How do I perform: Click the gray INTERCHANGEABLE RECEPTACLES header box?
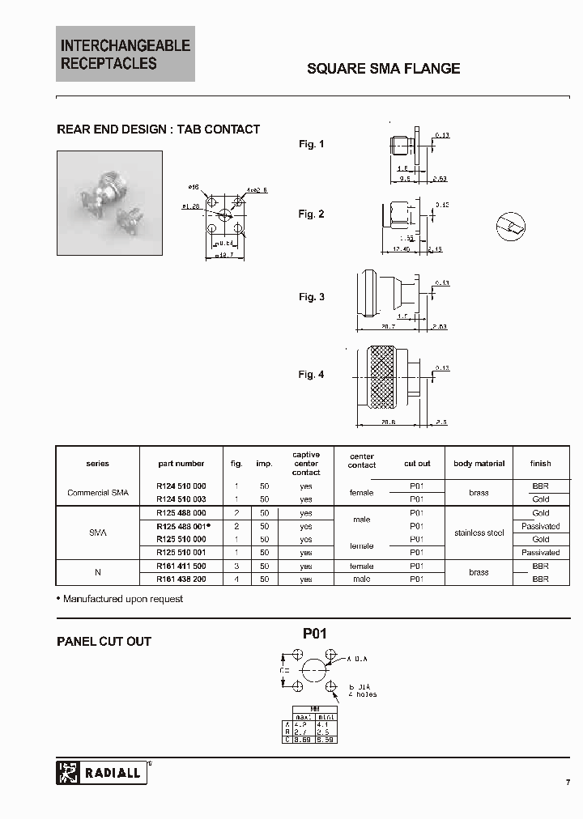(126, 54)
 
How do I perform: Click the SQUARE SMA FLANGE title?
(383, 69)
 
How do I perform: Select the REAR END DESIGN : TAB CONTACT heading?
(158, 129)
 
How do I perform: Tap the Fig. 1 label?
(311, 144)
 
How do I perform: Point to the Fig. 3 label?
(311, 297)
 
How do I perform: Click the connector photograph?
(109, 203)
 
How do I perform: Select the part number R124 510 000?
(181, 486)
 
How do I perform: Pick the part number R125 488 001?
(181, 526)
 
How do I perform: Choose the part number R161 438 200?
(181, 579)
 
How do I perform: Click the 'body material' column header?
(479, 464)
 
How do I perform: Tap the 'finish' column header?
(540, 464)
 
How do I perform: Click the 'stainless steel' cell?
(479, 533)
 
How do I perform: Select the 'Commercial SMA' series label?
(97, 493)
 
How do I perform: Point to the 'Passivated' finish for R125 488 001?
(540, 526)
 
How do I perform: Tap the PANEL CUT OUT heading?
(104, 642)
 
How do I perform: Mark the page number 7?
(568, 782)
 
